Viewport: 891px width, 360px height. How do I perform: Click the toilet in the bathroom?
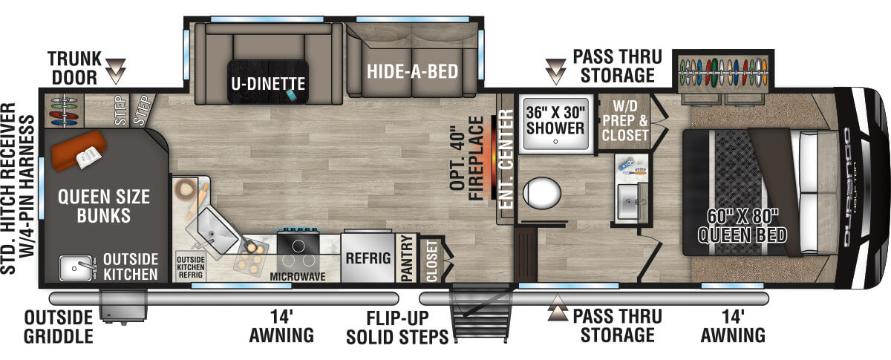click(543, 195)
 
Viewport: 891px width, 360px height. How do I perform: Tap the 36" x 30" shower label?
click(555, 120)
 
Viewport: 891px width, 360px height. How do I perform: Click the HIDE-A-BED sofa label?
click(411, 72)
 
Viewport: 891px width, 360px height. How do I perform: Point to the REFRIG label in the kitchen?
click(368, 259)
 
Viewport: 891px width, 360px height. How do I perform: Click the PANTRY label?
click(406, 259)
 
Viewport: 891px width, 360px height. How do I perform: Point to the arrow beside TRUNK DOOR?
click(117, 72)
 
